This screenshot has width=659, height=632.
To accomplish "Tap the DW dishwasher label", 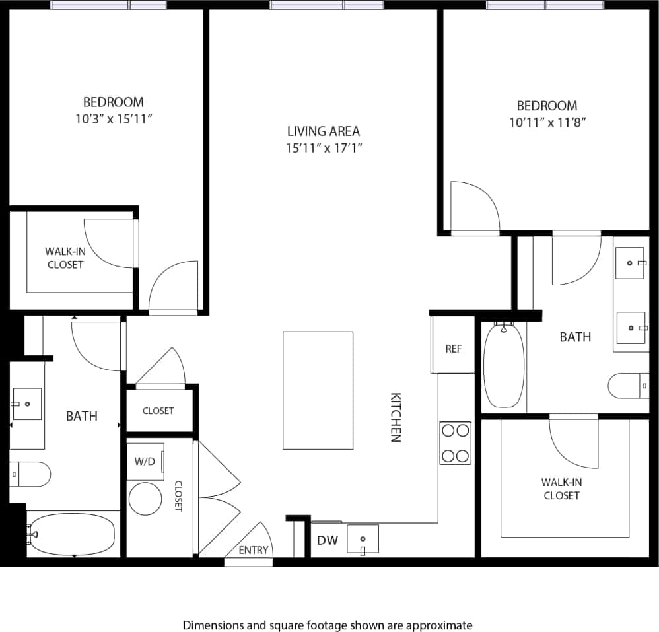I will coord(327,540).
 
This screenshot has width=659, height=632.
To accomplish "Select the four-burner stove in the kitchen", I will coord(455,443).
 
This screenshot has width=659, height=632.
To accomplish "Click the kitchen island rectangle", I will coord(318,390).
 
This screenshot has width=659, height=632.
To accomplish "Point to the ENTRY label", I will coord(253,550).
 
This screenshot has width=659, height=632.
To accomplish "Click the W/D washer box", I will coord(145,461).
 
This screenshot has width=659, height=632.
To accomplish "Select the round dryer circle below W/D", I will coord(145,499).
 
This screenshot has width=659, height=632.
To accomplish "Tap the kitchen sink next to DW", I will coord(363,538).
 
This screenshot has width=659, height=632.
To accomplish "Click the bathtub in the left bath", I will coord(72,534).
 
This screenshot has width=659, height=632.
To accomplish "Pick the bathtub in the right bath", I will coord(504,366).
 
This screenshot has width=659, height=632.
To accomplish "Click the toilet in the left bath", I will coord(30,474).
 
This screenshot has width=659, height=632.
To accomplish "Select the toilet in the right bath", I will coord(628,386).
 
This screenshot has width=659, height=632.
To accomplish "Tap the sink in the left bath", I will coord(26,404).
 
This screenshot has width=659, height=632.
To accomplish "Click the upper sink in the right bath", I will coord(631,263).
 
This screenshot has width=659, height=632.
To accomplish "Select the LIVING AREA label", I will coord(324,131).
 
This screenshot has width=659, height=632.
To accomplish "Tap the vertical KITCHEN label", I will coord(396,417).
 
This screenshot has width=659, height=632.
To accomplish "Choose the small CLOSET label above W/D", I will coord(158,411).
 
